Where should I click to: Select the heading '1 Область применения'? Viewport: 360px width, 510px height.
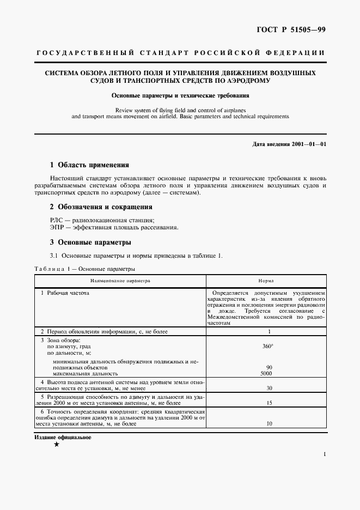point(89,165)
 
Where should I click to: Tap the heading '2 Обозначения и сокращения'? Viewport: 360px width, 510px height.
point(101,207)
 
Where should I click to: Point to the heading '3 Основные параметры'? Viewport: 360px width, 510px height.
point(90,242)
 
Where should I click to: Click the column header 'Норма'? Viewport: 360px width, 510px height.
point(266,281)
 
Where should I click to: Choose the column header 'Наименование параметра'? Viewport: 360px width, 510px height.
point(120,281)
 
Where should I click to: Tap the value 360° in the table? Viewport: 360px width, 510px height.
point(266,346)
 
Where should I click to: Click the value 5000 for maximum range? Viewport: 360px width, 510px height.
point(266,374)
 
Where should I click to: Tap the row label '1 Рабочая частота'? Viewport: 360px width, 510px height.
point(65,293)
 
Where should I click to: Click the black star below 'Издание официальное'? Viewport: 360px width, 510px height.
point(57,445)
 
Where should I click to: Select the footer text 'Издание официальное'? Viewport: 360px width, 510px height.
point(63,437)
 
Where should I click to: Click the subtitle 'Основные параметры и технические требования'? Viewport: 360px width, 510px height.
point(180,95)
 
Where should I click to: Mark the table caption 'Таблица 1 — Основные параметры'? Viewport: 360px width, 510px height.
point(84,269)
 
